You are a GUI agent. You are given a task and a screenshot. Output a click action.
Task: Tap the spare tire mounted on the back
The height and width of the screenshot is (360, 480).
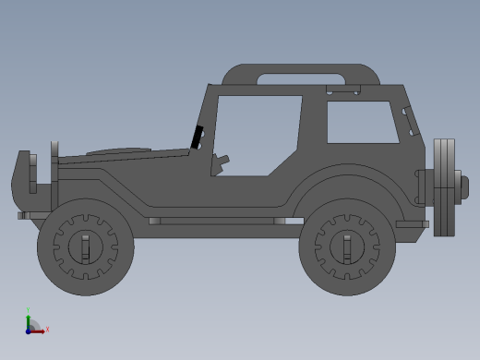(445, 186)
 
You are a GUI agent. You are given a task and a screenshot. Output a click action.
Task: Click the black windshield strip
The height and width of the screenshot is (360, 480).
(197, 137)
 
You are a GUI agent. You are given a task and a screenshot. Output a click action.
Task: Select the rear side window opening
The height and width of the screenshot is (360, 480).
(362, 122)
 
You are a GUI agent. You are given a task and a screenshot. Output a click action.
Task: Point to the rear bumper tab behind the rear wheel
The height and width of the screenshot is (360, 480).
(413, 224)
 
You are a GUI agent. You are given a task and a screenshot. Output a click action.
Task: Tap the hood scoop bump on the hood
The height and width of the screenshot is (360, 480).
(118, 150)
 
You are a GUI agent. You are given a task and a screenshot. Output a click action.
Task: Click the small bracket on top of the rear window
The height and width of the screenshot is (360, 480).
(342, 90)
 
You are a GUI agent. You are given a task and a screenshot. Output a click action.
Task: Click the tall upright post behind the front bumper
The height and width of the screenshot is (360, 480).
(54, 175)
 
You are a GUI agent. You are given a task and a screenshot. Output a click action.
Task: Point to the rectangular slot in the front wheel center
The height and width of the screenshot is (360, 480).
(85, 247)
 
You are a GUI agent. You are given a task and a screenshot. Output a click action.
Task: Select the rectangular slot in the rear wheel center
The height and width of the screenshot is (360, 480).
(347, 247)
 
